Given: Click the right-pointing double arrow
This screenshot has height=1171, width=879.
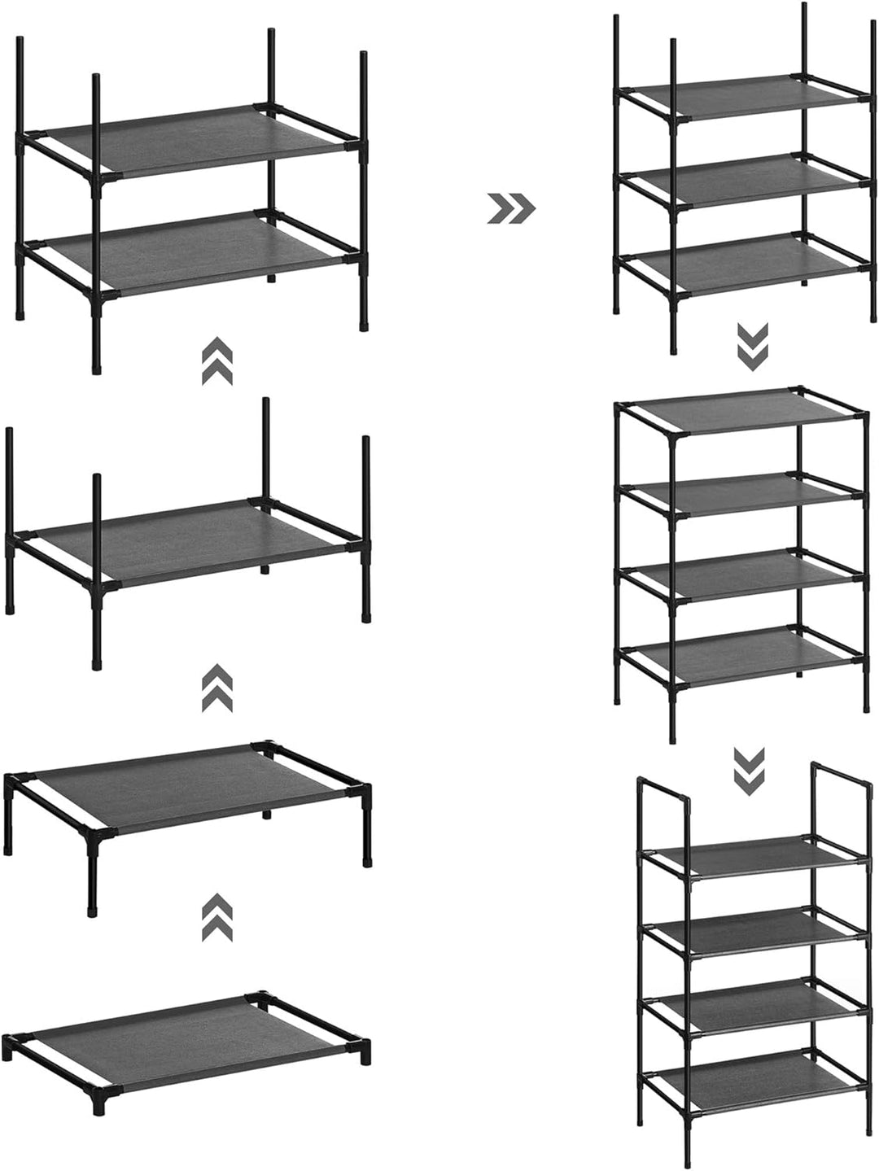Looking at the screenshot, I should point(511,208).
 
